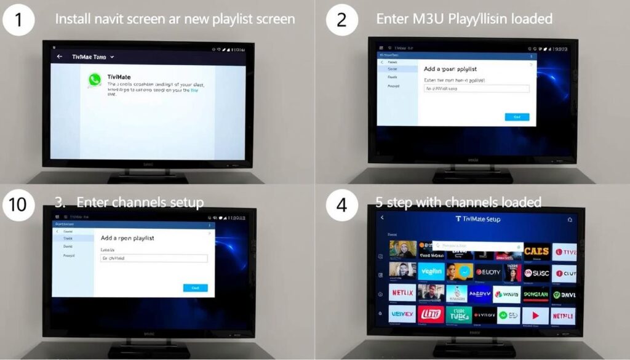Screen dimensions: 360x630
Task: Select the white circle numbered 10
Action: [x=18, y=202]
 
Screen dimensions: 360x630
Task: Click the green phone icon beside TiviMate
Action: [x=94, y=79]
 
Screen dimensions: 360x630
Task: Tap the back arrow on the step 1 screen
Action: [x=60, y=57]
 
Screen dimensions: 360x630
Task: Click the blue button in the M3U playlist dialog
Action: [x=517, y=117]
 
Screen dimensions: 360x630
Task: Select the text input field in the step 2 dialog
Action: [x=477, y=89]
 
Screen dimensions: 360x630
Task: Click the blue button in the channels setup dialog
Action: [x=195, y=287]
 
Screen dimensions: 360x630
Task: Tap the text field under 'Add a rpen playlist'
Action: [x=153, y=258]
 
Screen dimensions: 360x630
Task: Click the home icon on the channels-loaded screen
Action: [x=569, y=218]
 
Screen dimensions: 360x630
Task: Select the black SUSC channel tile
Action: [x=536, y=272]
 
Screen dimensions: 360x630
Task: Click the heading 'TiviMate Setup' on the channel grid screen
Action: [x=477, y=219]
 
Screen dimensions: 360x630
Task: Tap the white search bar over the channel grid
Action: [x=477, y=246]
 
